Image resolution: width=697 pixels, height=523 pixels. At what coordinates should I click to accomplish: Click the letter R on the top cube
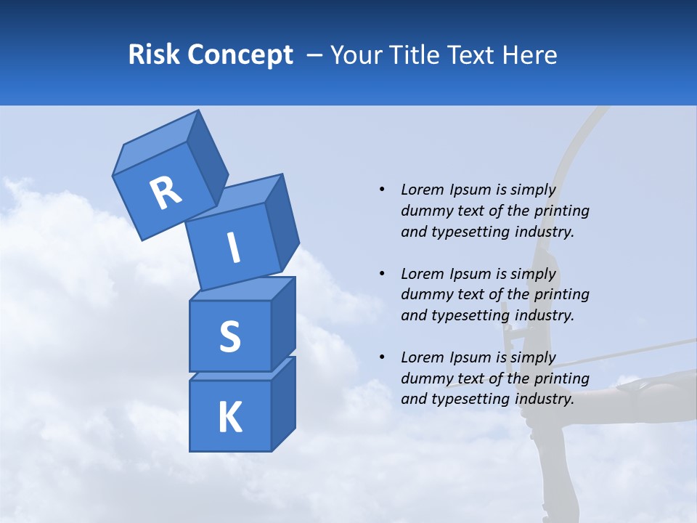(x=166, y=193)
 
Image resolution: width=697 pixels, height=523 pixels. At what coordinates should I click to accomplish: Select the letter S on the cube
(x=229, y=337)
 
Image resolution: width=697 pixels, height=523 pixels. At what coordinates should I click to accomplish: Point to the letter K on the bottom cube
(x=229, y=418)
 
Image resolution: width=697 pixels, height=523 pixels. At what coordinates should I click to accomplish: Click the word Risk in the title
(x=155, y=55)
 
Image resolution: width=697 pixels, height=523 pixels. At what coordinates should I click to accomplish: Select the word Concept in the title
(x=240, y=55)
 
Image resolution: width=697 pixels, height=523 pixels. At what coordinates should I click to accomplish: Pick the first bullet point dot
(x=382, y=190)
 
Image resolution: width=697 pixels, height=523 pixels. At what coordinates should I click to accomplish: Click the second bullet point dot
(x=382, y=274)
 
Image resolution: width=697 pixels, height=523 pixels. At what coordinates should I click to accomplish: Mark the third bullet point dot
(x=382, y=357)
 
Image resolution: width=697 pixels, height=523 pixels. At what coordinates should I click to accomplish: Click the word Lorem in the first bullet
(x=421, y=190)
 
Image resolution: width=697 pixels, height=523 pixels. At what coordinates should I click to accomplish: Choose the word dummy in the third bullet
(x=424, y=378)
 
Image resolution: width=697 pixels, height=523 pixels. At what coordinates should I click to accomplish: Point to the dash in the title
(x=315, y=55)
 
